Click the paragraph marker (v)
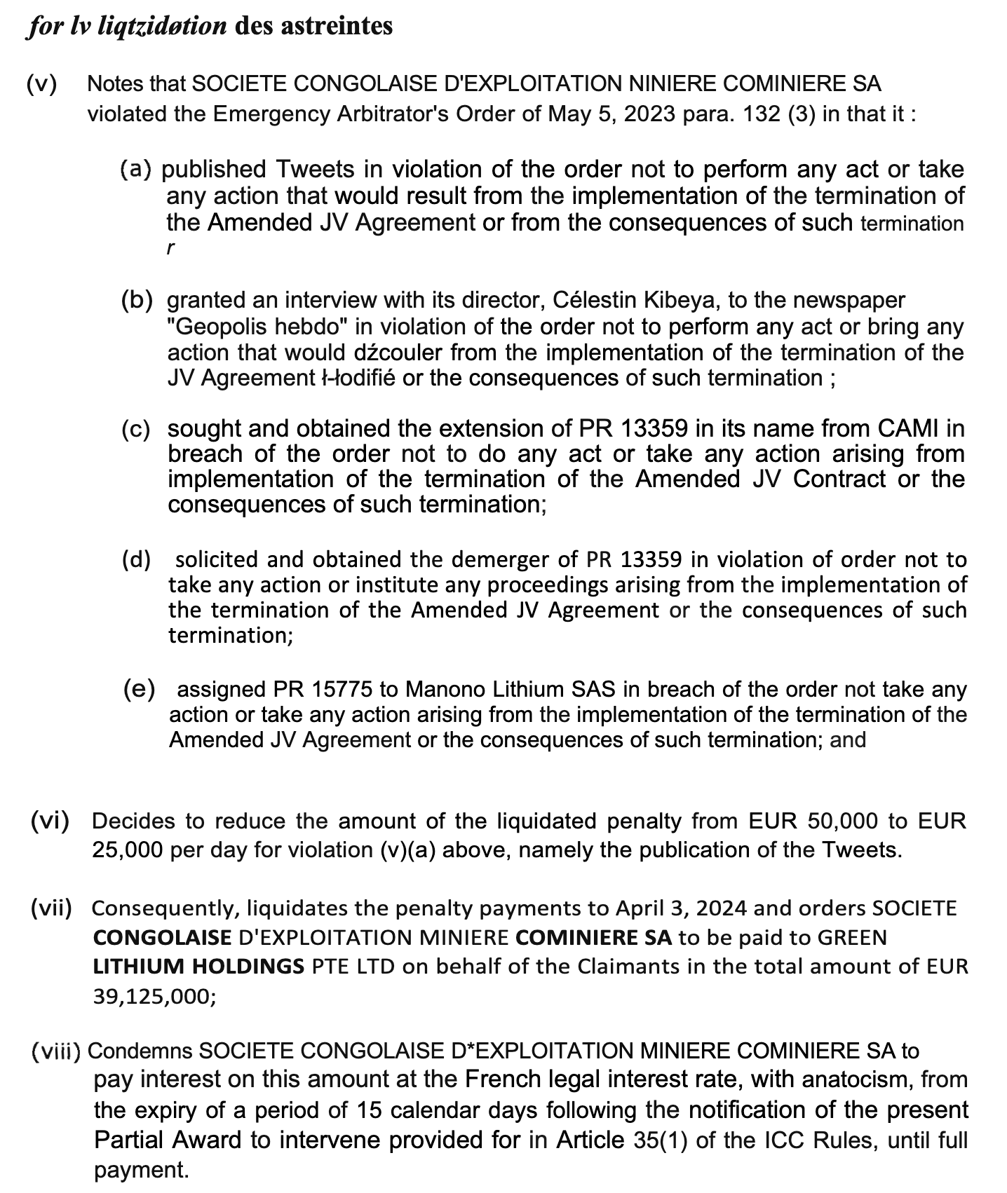coord(41,84)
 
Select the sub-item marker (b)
coord(137,300)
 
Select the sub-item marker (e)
coord(139,689)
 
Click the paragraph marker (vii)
coord(52,908)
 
